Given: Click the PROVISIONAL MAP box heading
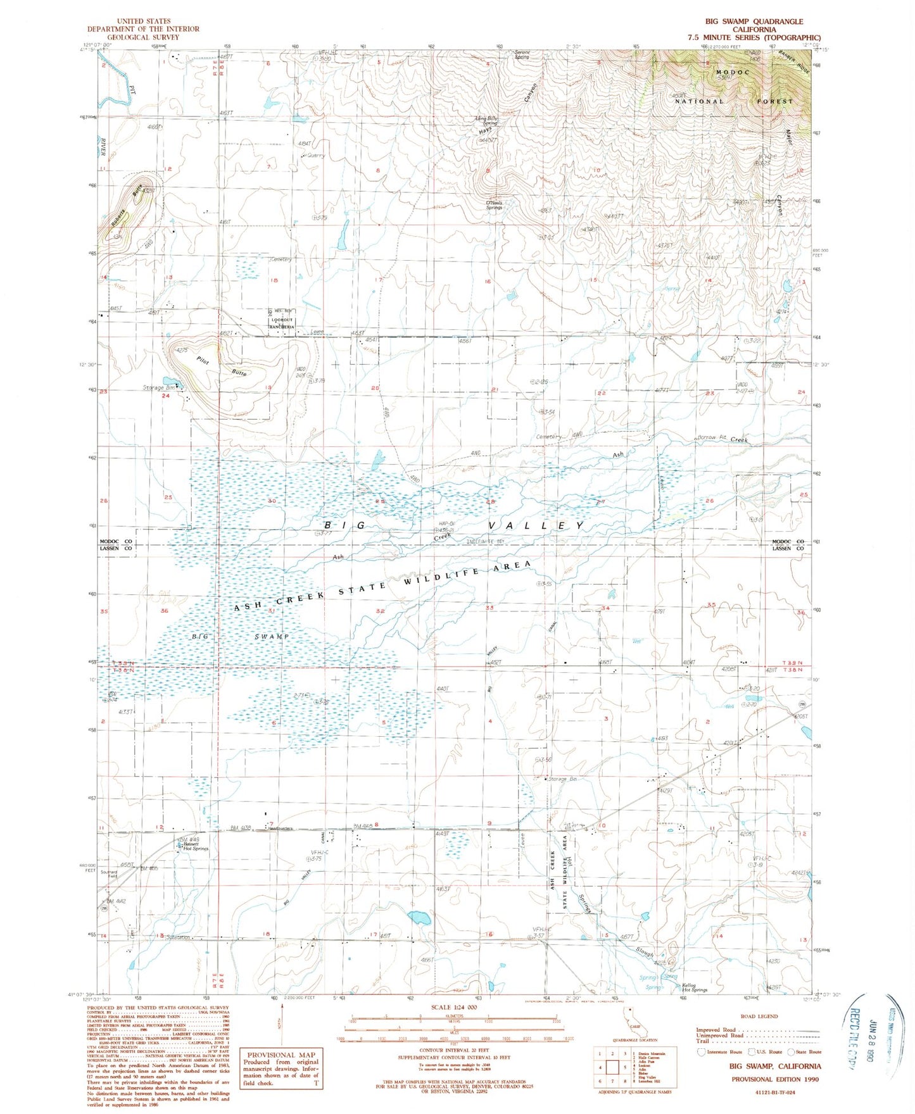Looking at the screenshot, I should coord(280,1055).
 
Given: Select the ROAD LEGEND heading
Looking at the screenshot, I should coord(759,1017).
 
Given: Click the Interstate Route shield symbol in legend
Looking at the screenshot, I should coord(701,1052).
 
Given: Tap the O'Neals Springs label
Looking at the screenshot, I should coord(493,204).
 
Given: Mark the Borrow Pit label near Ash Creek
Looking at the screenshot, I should coord(713,437).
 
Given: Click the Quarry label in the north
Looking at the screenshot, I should coord(315,155).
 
